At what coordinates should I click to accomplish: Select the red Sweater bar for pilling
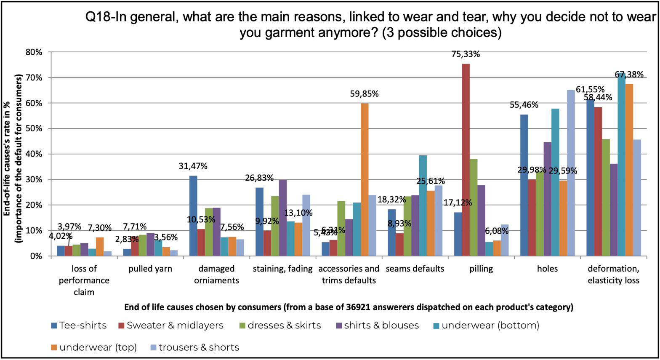pyautogui.click(x=466, y=160)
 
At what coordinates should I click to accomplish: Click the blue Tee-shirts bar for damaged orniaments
pyautogui.click(x=193, y=216)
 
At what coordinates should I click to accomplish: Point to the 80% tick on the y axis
pyautogui.click(x=35, y=52)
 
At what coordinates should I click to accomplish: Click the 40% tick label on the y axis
pyautogui.click(x=35, y=154)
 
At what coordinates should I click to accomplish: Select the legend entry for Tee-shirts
pyautogui.click(x=79, y=325)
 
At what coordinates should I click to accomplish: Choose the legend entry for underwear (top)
pyautogui.click(x=93, y=347)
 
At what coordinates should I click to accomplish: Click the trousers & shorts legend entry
pyautogui.click(x=194, y=347)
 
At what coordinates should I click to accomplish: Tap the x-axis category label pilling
pyautogui.click(x=481, y=269)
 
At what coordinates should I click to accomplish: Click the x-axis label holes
pyautogui.click(x=547, y=269)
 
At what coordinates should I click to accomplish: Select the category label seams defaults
pyautogui.click(x=415, y=269)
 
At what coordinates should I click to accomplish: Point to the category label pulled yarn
pyautogui.click(x=150, y=269)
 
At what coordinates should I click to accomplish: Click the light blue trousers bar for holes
pyautogui.click(x=571, y=173)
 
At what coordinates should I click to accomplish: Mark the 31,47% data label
pyautogui.click(x=193, y=166)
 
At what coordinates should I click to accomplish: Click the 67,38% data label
pyautogui.click(x=629, y=75)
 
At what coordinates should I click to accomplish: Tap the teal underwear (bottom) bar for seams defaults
pyautogui.click(x=423, y=205)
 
